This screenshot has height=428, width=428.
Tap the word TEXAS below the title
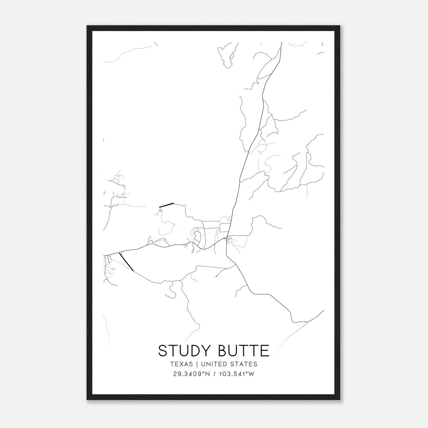coord(181,364)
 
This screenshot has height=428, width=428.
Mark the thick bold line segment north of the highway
coord(166,205)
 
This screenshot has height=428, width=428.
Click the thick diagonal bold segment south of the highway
coord(126,262)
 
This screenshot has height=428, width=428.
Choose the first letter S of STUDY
coord(163,350)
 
